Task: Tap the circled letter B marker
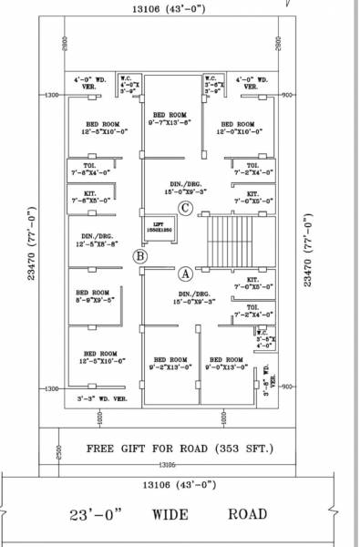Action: click(140, 257)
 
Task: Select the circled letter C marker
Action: click(185, 209)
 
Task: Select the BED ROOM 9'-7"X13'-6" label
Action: click(171, 118)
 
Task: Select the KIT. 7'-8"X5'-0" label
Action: click(88, 196)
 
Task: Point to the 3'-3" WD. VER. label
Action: click(102, 398)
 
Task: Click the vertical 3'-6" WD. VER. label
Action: click(267, 381)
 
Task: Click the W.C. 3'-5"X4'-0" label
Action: click(264, 338)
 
